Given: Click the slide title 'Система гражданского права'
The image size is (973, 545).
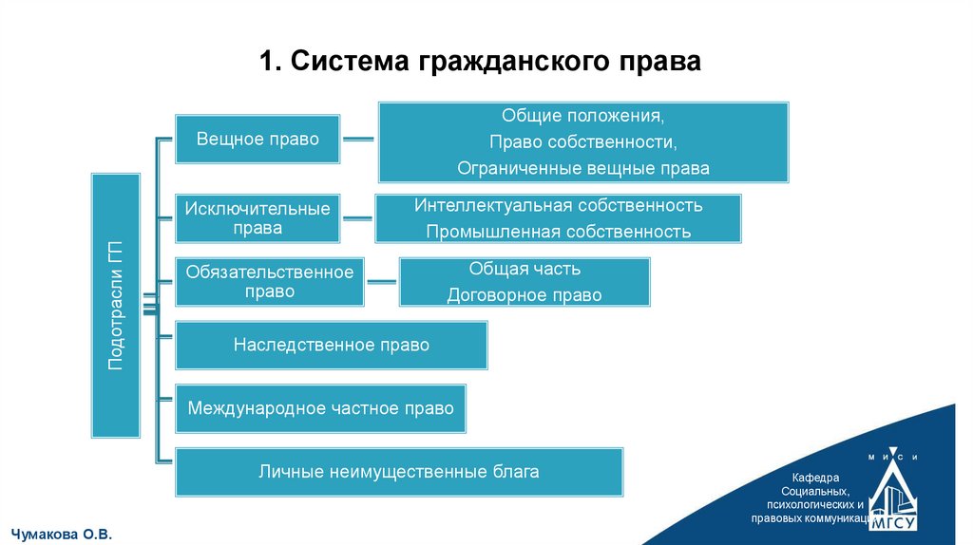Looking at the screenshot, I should pyautogui.click(x=480, y=62).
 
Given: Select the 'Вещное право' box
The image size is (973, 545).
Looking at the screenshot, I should pyautogui.click(x=258, y=139).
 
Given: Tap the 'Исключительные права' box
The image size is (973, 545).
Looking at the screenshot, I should pyautogui.click(x=258, y=217).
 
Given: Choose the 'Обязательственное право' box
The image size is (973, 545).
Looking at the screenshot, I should pyautogui.click(x=269, y=281).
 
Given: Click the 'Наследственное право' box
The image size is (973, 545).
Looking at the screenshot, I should pyautogui.click(x=331, y=345).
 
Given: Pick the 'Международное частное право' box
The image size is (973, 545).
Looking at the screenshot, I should pyautogui.click(x=320, y=408).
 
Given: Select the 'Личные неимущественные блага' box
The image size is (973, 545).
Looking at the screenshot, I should pyautogui.click(x=399, y=471).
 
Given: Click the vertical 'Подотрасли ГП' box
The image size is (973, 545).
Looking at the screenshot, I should pyautogui.click(x=115, y=305).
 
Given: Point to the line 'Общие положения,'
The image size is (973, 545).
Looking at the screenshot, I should pyautogui.click(x=582, y=116).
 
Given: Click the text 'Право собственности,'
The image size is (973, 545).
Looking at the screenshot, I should pyautogui.click(x=582, y=141).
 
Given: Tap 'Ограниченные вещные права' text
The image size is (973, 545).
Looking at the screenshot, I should pyautogui.click(x=582, y=168).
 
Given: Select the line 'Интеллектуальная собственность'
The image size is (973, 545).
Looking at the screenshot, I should pyautogui.click(x=558, y=205).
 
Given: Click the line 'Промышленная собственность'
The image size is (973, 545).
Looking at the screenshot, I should pyautogui.click(x=558, y=231).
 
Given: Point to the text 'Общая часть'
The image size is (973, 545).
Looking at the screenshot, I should pyautogui.click(x=525, y=269).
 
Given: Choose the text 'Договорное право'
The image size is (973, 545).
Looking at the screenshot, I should pyautogui.click(x=525, y=295).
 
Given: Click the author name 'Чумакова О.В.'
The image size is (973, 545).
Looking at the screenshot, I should pyautogui.click(x=60, y=535).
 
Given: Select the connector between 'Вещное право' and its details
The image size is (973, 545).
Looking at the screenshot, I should pyautogui.click(x=358, y=140).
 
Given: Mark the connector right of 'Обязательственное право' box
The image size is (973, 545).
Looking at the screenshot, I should pyautogui.click(x=381, y=281).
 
